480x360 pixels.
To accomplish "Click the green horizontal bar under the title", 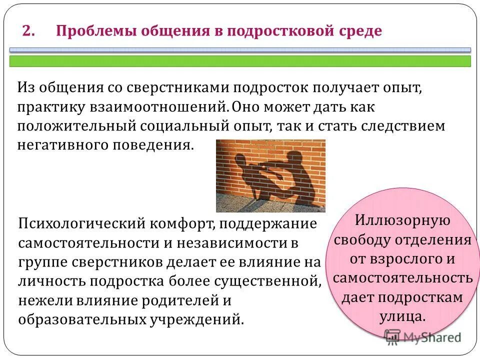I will [x=240, y=61].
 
